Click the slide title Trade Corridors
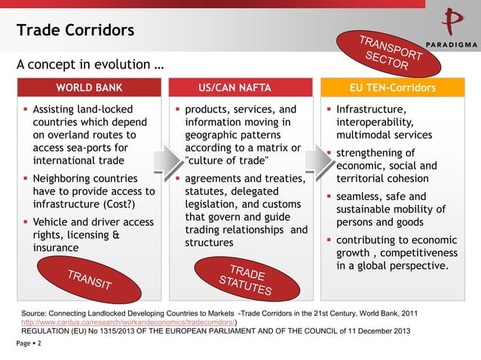[x=75, y=31]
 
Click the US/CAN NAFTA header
[x=240, y=88]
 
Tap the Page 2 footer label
[x=29, y=343]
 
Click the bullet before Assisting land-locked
[x=24, y=110]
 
